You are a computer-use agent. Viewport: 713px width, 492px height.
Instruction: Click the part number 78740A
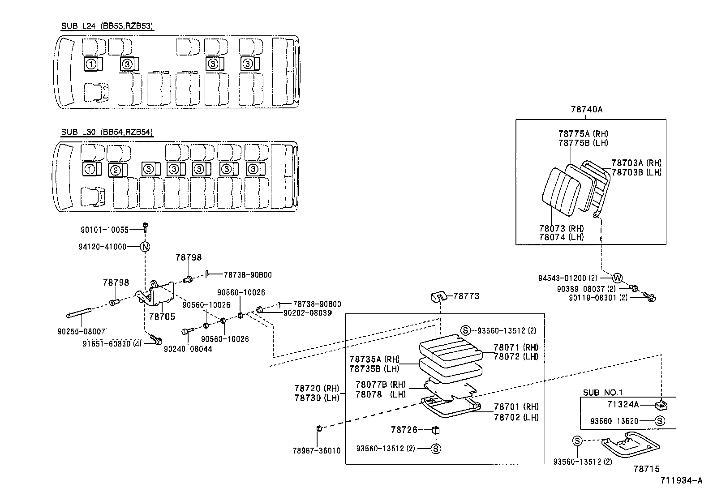click(x=587, y=109)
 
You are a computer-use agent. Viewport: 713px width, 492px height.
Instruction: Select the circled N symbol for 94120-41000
click(x=145, y=247)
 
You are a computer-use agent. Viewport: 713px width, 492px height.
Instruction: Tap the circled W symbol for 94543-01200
click(x=617, y=278)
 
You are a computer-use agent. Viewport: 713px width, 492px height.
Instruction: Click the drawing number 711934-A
click(x=681, y=481)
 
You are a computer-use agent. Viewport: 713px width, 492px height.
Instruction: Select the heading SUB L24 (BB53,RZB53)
click(x=107, y=26)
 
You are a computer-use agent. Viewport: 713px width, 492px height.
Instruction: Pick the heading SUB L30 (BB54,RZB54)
click(x=107, y=132)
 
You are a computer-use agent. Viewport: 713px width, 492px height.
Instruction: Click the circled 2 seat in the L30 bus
click(x=115, y=170)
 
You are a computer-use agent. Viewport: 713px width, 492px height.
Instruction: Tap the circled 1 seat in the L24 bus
click(x=91, y=64)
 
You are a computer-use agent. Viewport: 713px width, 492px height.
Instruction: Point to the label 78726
click(x=404, y=430)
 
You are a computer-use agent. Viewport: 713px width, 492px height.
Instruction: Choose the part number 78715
click(x=646, y=469)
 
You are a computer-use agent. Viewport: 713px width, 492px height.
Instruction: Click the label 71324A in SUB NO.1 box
click(x=623, y=405)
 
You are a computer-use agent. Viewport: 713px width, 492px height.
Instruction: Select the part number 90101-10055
click(x=104, y=230)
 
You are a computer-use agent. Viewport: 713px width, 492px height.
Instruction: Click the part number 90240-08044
click(x=188, y=348)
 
